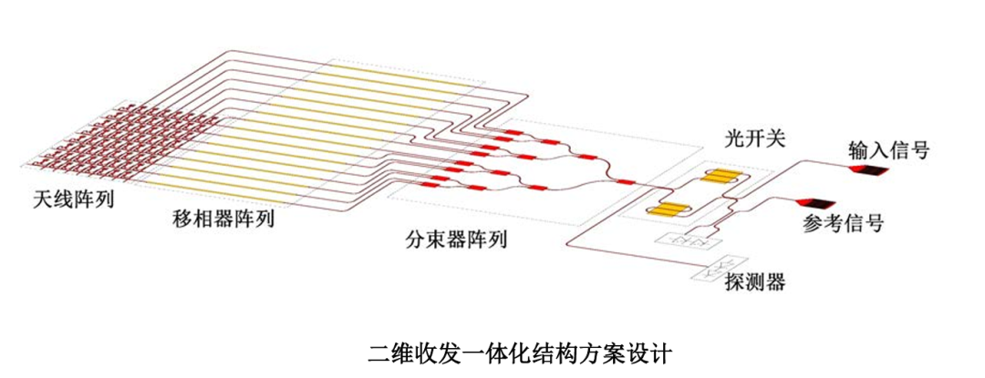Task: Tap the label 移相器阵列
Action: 223,219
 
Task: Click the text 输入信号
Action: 888,149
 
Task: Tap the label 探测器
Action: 756,281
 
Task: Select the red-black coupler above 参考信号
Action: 815,203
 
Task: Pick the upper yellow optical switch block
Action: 719,177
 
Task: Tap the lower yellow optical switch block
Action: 669,209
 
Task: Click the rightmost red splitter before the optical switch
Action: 626,182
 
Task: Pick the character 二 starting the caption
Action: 377,352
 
